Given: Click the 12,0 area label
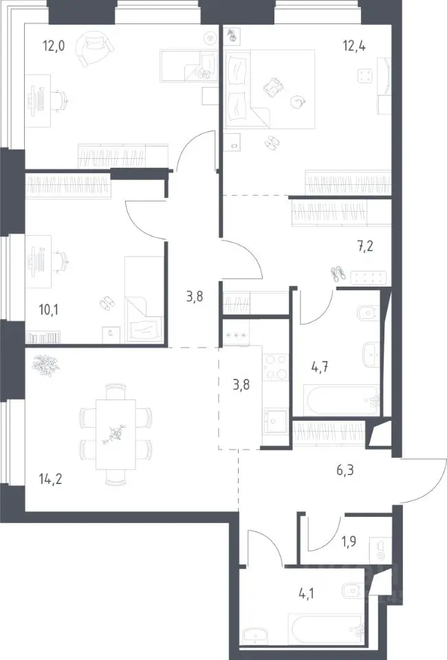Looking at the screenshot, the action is [x=54, y=45].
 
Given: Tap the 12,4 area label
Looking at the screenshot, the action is [x=354, y=45].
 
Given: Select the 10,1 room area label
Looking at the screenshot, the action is [x=48, y=310].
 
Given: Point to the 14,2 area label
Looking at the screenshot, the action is [x=50, y=478].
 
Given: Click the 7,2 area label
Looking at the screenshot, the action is [x=365, y=246].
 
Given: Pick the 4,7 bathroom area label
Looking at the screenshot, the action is [x=320, y=367].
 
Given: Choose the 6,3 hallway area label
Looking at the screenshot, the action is [x=345, y=470].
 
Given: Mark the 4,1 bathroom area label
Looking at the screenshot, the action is [x=306, y=594].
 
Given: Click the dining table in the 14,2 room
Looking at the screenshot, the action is [x=116, y=434].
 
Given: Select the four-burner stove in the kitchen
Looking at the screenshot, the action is [x=276, y=367].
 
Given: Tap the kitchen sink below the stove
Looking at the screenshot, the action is [x=275, y=420].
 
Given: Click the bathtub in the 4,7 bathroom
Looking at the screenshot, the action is [x=343, y=400].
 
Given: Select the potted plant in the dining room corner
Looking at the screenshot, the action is [x=45, y=365].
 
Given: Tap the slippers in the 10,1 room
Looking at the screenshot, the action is [x=107, y=302].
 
